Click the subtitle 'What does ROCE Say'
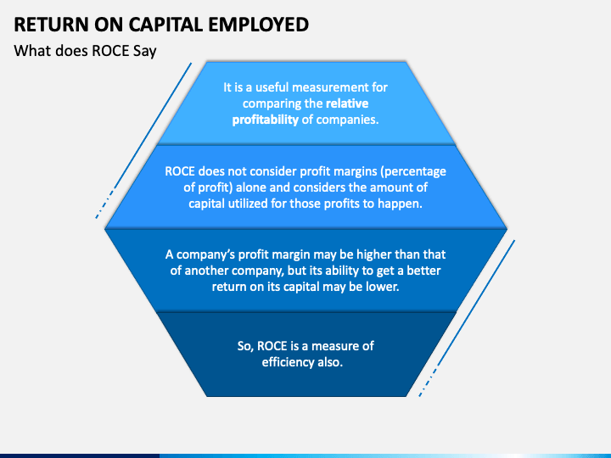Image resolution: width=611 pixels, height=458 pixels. pos(86,50)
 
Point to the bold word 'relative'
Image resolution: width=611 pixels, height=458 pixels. pos(347,103)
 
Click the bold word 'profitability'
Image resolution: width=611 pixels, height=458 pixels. pos(266,120)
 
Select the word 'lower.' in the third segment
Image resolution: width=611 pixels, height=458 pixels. pos(382,287)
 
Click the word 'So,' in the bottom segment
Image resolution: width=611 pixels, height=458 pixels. pos(246,345)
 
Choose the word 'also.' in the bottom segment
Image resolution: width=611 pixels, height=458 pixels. pos(331,362)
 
